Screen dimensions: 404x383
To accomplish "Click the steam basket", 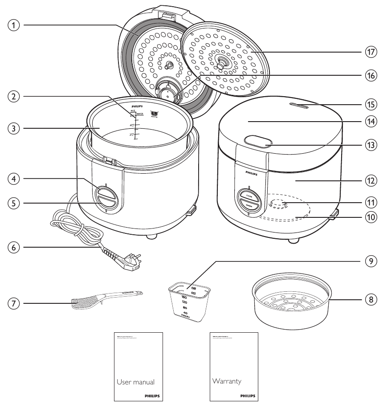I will [292, 300].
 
